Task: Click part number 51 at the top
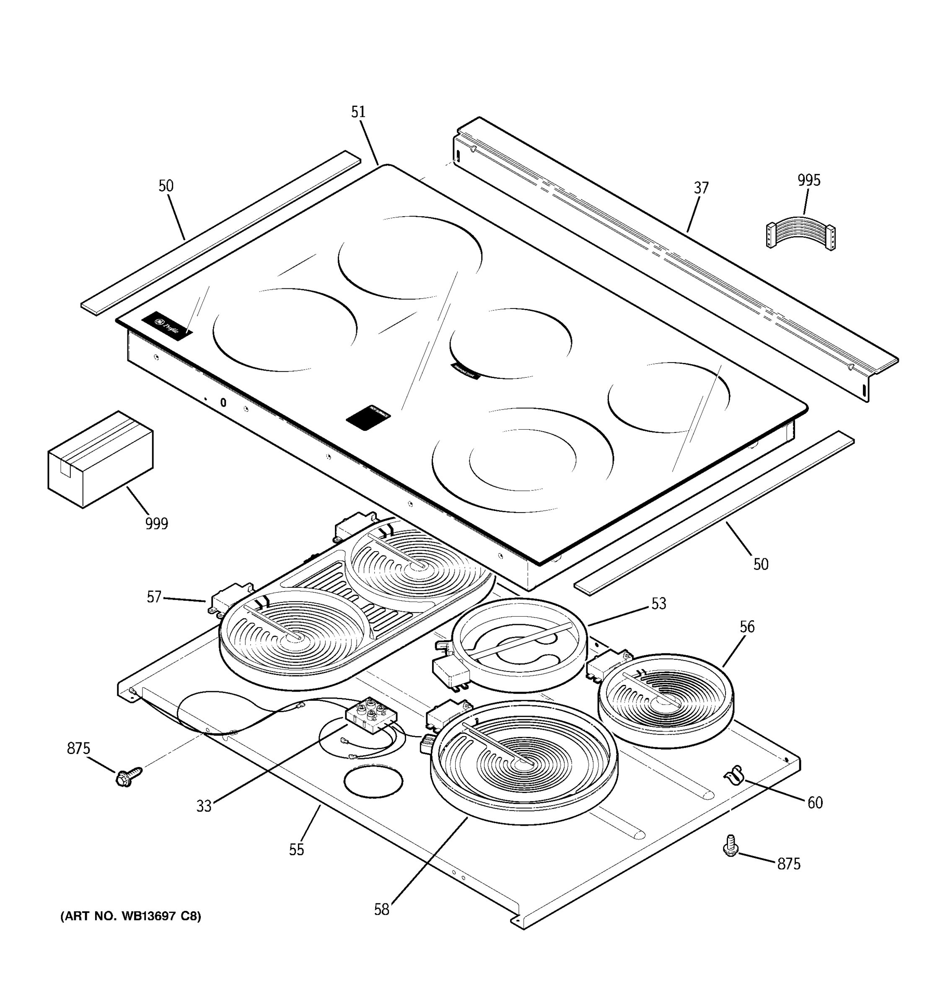pyautogui.click(x=358, y=112)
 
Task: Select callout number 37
pyautogui.click(x=701, y=188)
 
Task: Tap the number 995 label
pyautogui.click(x=808, y=180)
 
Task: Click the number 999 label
pyautogui.click(x=156, y=523)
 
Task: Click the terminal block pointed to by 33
pyautogui.click(x=370, y=715)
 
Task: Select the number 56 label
pyautogui.click(x=747, y=627)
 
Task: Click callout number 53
pyautogui.click(x=658, y=604)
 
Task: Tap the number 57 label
pyautogui.click(x=154, y=597)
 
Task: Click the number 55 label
pyautogui.click(x=296, y=850)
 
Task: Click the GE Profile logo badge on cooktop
pyautogui.click(x=167, y=326)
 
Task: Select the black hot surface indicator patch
pyautogui.click(x=368, y=417)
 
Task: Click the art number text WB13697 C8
pyautogui.click(x=130, y=916)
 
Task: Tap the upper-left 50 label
pyautogui.click(x=166, y=186)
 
